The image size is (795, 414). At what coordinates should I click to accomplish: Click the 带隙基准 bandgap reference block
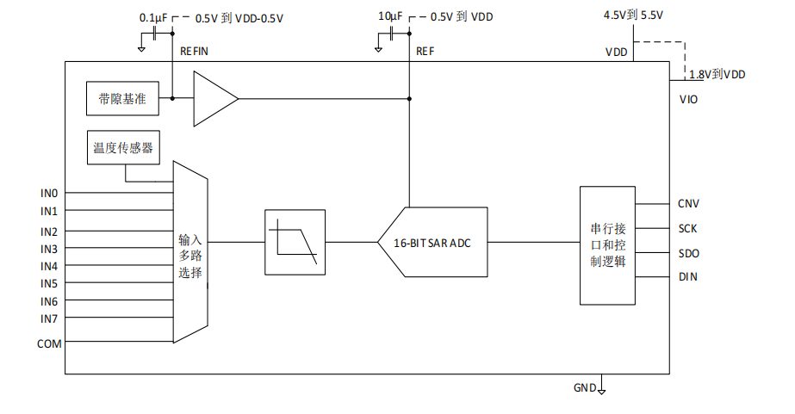point(122,99)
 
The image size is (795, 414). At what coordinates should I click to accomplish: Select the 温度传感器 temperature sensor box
point(122,148)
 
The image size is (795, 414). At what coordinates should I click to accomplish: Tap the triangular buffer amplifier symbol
point(213,99)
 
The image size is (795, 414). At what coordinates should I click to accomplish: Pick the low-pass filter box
point(295,242)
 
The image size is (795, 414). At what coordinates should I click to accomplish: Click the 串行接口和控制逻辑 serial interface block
point(608,244)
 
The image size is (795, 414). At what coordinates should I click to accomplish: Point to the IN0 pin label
point(48,193)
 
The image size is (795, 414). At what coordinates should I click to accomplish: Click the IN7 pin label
point(48,318)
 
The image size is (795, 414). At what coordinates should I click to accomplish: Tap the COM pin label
point(48,343)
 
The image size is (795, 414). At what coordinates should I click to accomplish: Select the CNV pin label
point(688,204)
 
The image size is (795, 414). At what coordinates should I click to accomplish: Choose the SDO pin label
point(688,253)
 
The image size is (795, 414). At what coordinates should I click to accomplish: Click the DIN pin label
point(688,277)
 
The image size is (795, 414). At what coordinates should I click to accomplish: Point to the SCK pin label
point(688,229)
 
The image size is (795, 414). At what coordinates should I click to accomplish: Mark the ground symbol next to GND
point(602,390)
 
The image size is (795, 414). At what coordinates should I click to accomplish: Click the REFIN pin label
point(194,52)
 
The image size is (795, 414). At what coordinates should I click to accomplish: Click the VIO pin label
point(688,100)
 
